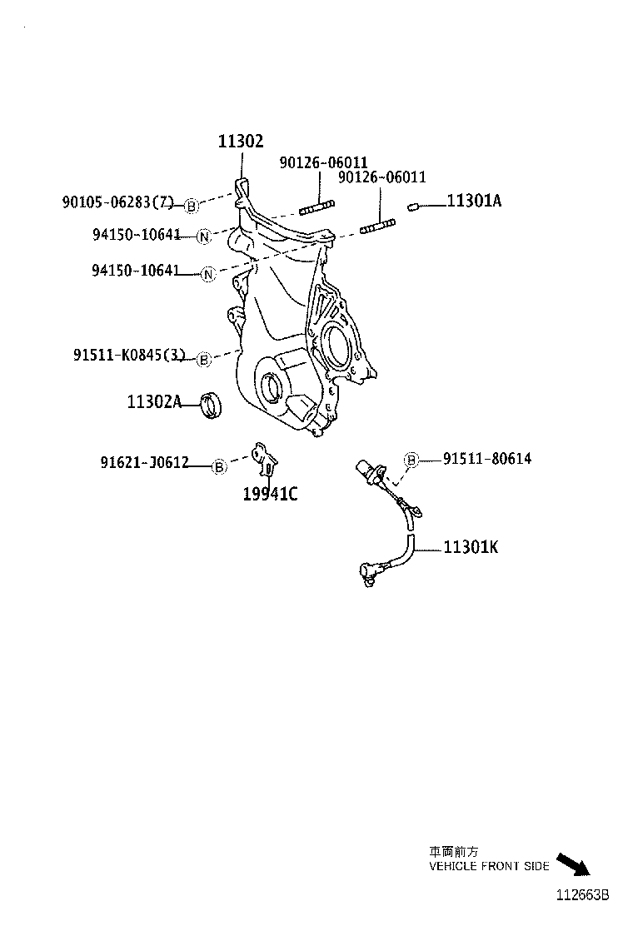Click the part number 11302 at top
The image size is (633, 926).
(241, 142)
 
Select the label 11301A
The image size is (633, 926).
(474, 201)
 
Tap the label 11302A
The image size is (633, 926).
(154, 401)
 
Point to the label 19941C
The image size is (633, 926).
(270, 494)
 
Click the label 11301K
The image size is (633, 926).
(471, 547)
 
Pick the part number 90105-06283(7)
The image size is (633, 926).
(117, 202)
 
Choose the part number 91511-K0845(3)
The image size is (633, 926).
(128, 356)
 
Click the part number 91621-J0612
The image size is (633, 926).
(144, 463)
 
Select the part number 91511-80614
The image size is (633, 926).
(487, 459)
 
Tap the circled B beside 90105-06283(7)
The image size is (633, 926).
(191, 206)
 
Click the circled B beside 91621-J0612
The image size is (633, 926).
(219, 466)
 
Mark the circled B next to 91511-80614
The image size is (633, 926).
(411, 460)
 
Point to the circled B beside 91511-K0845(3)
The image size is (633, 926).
(202, 360)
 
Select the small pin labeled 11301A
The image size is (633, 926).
(412, 206)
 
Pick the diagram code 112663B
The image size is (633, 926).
(584, 896)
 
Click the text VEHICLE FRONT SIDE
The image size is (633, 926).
(489, 866)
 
